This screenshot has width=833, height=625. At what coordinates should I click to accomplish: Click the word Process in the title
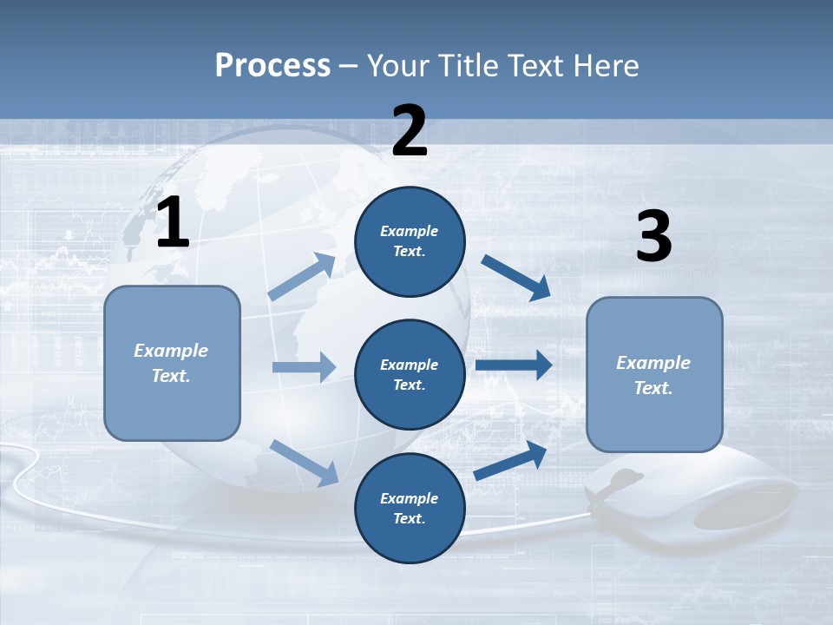point(272,66)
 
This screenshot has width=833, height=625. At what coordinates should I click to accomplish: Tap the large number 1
point(173,223)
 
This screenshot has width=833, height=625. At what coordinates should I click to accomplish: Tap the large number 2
point(410,131)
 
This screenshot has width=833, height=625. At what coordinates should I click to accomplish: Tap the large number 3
point(653,237)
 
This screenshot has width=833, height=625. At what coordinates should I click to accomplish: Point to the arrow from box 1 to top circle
point(302,277)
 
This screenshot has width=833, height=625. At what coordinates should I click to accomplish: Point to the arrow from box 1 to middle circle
point(304,367)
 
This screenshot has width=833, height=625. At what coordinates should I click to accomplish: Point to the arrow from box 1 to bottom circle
point(305,462)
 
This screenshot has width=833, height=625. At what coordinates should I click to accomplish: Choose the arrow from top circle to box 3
point(516,277)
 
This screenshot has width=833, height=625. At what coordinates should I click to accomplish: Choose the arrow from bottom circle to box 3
point(511,460)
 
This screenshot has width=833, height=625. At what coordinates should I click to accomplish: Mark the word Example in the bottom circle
point(410,498)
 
